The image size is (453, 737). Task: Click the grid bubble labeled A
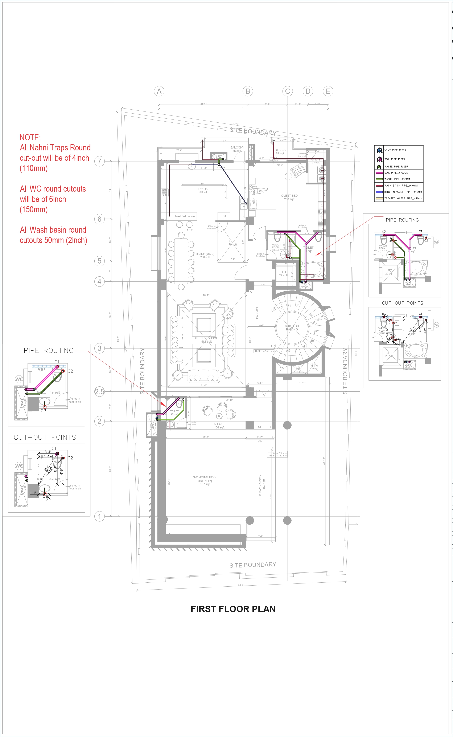[159, 91]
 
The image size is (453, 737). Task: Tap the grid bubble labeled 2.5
[99, 392]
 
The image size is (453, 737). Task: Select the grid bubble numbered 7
[99, 161]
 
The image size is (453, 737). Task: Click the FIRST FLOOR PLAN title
[233, 609]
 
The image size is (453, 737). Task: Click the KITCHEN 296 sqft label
[203, 191]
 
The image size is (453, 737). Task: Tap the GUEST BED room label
[289, 197]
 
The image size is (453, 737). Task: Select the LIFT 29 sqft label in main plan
[283, 274]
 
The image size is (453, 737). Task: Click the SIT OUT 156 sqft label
[219, 425]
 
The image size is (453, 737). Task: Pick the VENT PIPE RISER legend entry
[395, 150]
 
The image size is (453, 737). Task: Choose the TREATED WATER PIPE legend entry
[403, 198]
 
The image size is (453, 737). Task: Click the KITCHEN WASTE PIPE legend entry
[403, 192]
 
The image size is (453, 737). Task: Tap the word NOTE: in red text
[30, 138]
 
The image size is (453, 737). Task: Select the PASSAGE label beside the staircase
[257, 312]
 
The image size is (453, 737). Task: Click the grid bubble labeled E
[328, 91]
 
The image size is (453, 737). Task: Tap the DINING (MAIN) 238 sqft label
[205, 256]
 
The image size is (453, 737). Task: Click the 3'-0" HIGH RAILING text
[292, 327]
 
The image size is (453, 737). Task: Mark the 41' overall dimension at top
[244, 108]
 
